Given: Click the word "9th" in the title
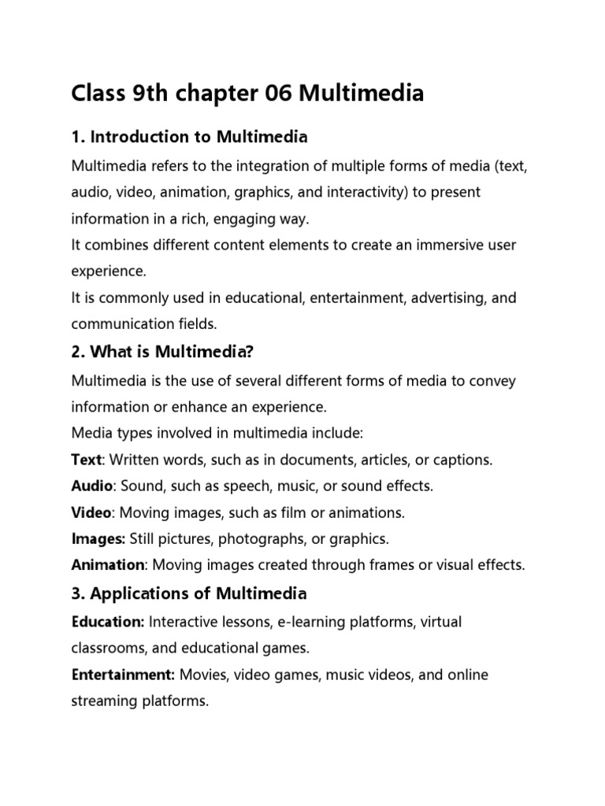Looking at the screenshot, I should (150, 94).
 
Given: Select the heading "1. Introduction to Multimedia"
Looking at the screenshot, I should (189, 138).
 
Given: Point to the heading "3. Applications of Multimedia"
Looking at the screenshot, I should (189, 593).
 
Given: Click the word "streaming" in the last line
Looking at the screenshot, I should (103, 701).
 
